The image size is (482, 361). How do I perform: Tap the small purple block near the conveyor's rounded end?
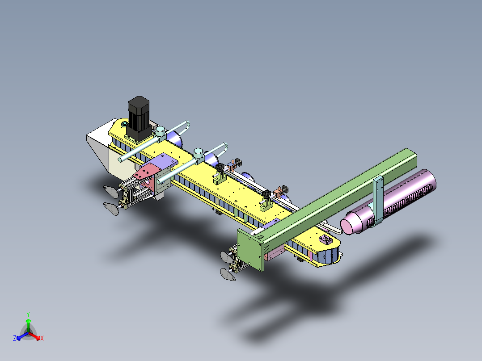pos(325,239)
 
